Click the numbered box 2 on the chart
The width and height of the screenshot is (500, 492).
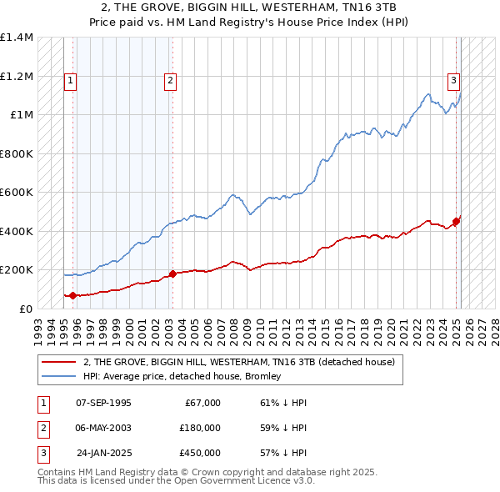click(x=169, y=81)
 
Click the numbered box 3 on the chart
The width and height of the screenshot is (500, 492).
click(x=453, y=81)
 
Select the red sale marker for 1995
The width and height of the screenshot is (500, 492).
click(x=73, y=295)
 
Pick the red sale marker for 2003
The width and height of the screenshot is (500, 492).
click(x=172, y=274)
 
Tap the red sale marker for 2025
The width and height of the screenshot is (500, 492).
click(x=457, y=221)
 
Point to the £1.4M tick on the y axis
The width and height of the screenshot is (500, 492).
click(x=17, y=38)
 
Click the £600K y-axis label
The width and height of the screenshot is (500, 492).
click(x=17, y=193)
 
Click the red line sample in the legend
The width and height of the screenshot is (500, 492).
click(x=58, y=362)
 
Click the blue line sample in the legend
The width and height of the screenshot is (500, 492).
click(x=58, y=376)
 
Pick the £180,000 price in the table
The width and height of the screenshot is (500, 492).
click(x=199, y=428)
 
